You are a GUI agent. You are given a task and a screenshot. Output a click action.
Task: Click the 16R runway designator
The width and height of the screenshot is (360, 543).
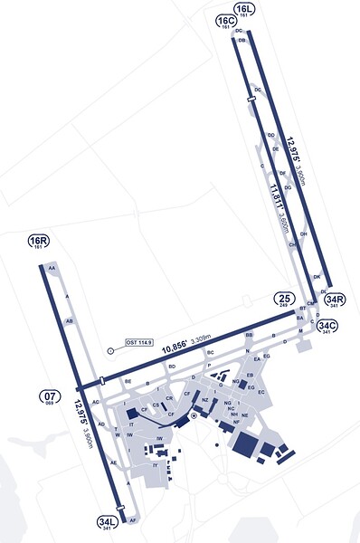click(x=37, y=241)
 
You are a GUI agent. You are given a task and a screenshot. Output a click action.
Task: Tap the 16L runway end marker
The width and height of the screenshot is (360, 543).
click(x=244, y=9)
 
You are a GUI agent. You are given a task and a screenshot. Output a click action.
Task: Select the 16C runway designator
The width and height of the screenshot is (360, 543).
click(x=225, y=21)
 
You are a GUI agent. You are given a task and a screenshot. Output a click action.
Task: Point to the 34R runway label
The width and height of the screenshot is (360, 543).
click(x=335, y=300)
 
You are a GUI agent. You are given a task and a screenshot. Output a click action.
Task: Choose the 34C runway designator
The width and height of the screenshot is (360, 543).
click(x=323, y=327)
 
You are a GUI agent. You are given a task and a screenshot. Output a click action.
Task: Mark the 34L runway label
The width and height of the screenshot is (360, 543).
click(x=107, y=522)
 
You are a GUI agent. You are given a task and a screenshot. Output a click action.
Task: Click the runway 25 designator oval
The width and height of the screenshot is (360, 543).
click(x=284, y=300)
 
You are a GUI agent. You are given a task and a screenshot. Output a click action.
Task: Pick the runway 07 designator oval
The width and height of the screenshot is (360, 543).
click(x=50, y=395)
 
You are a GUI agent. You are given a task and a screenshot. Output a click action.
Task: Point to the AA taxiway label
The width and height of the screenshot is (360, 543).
click(x=52, y=269)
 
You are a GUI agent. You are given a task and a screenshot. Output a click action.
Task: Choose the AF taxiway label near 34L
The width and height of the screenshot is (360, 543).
click(x=133, y=521)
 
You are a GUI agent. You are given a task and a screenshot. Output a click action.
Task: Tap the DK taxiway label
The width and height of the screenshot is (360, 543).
click(x=317, y=276)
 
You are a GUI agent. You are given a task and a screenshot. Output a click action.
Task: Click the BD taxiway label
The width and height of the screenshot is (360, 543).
click(x=171, y=367)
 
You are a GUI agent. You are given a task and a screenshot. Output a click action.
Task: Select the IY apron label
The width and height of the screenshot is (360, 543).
click(x=155, y=465)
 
